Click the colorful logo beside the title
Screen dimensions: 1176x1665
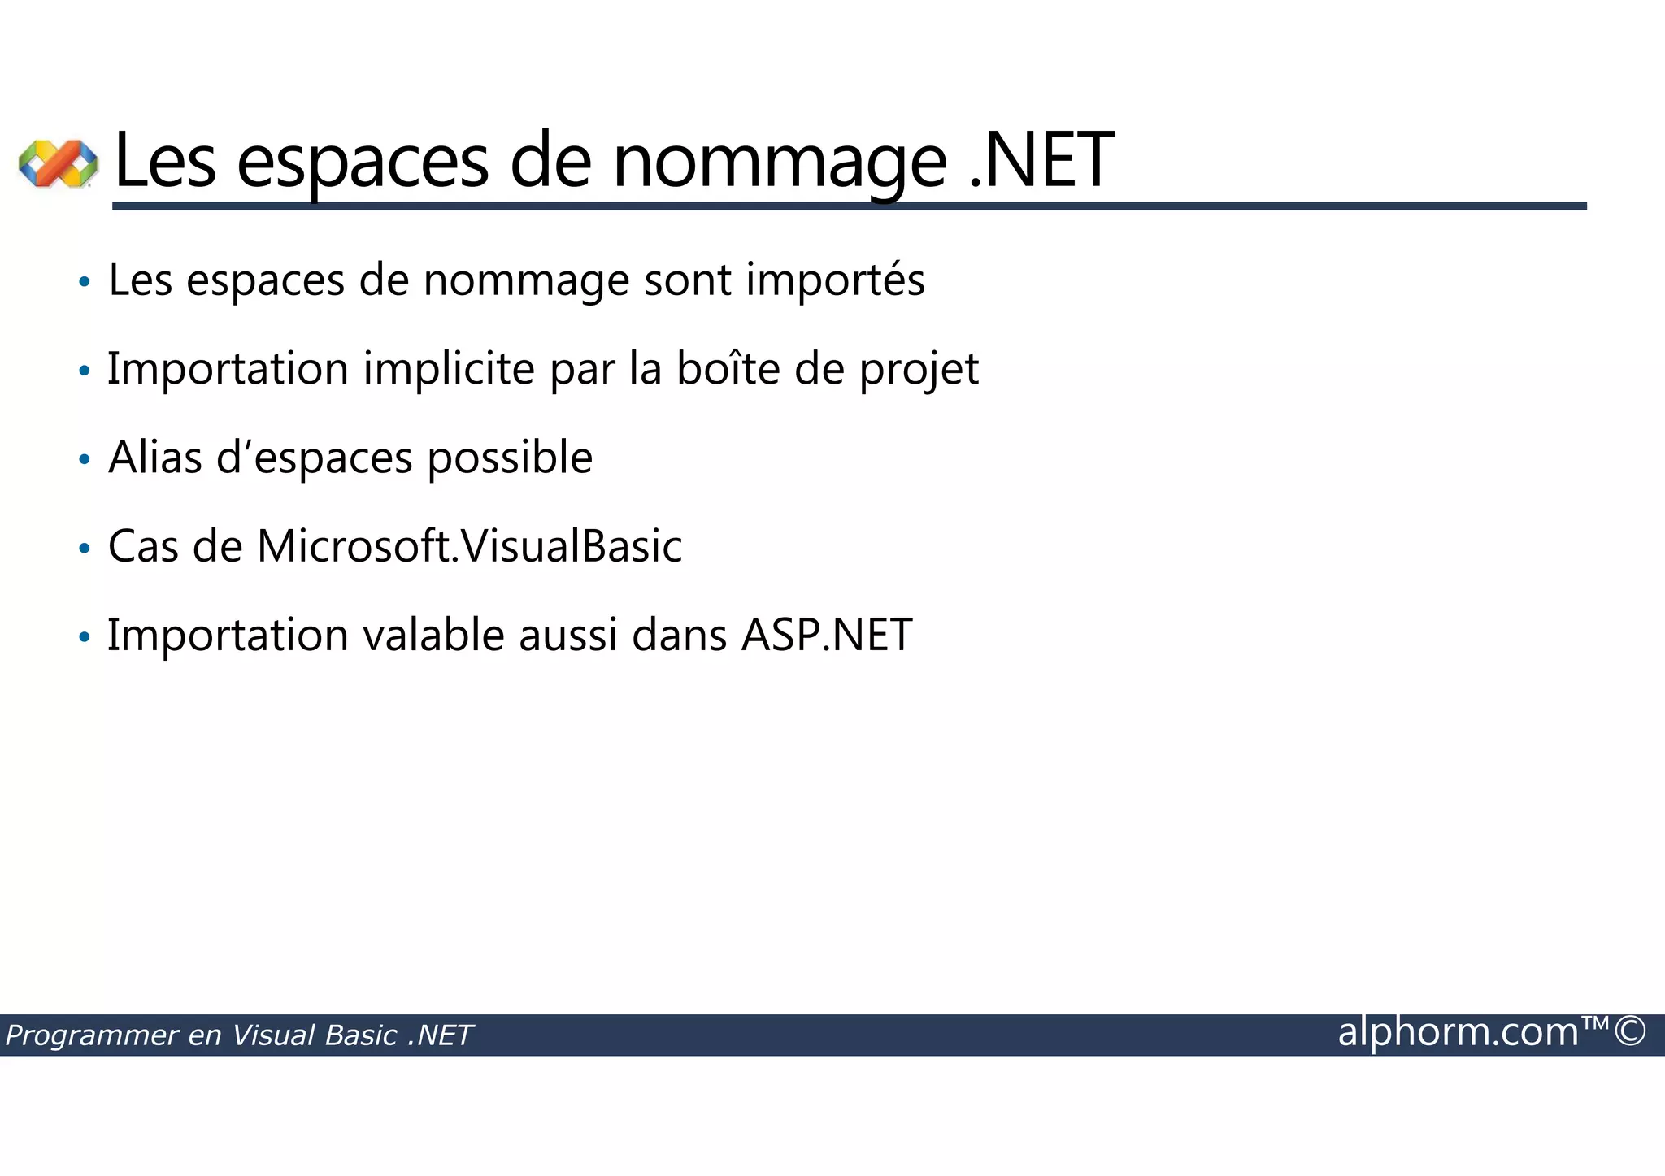point(59,163)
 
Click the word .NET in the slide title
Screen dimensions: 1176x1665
point(1042,161)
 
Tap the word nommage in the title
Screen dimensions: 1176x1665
point(779,163)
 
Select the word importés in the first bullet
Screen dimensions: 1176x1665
point(835,281)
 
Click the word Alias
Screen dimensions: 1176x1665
point(155,458)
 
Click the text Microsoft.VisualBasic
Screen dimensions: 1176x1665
point(470,546)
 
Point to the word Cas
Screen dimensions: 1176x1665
point(143,546)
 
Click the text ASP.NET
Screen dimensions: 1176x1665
point(827,635)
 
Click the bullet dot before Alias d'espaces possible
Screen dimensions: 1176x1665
point(84,460)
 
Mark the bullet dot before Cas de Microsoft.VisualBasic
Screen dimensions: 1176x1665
point(84,549)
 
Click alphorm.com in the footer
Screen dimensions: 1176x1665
point(1459,1032)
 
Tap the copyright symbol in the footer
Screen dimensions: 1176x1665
point(1629,1032)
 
